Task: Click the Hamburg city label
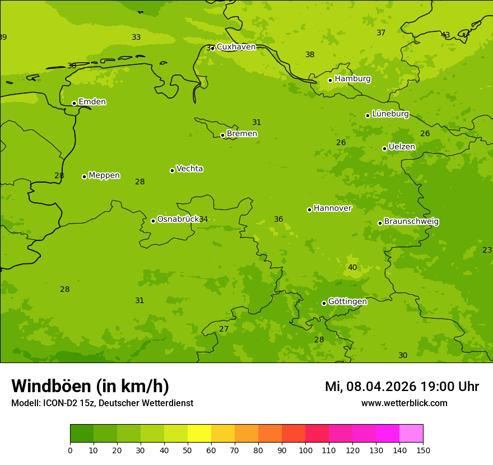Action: tap(352, 79)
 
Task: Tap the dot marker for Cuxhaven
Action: tap(212, 49)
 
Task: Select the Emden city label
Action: tap(92, 102)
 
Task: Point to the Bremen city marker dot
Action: tap(222, 135)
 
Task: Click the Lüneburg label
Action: tap(390, 114)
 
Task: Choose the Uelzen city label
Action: tap(402, 147)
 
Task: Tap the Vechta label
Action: tap(189, 169)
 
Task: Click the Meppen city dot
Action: tap(84, 176)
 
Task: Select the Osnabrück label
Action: tap(178, 219)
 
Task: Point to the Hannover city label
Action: tap(332, 208)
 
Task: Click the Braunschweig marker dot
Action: tap(380, 223)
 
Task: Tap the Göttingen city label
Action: tap(347, 302)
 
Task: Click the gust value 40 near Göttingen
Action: tap(352, 268)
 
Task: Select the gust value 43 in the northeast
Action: tap(445, 35)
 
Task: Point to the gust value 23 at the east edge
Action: tap(487, 250)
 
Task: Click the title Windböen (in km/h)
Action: tap(90, 386)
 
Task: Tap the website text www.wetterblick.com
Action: tap(404, 403)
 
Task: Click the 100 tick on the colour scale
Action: tap(305, 450)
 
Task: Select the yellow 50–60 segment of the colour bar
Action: tap(199, 434)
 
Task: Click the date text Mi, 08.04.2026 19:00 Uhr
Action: tap(402, 387)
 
